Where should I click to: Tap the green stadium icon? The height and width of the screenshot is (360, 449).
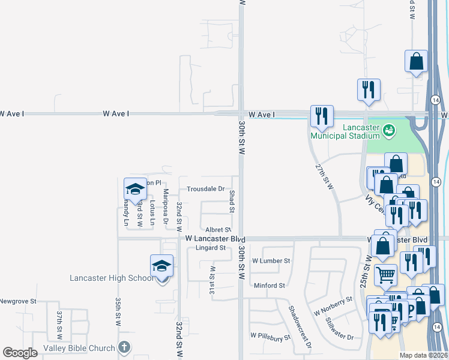click(388, 129)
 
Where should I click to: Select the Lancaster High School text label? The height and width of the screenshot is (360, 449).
click(112, 278)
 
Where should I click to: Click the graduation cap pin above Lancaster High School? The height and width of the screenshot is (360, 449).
click(161, 265)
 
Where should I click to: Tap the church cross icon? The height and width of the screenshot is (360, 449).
click(124, 347)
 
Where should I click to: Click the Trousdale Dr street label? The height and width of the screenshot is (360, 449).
click(205, 188)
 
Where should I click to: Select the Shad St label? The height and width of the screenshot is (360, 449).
click(232, 201)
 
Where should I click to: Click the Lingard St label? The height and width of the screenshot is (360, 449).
click(209, 247)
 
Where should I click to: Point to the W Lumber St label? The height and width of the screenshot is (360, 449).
click(271, 261)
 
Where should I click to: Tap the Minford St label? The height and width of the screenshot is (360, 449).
click(269, 286)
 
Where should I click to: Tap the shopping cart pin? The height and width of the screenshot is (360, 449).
click(385, 275)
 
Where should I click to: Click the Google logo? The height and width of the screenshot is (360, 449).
click(20, 353)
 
